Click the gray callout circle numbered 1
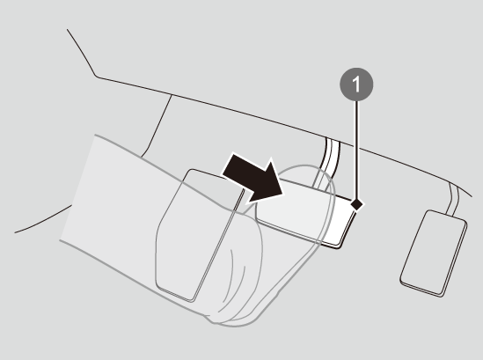tap(356, 84)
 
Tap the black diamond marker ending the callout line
tap(357, 204)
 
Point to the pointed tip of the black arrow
tap(282, 195)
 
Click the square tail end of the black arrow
tap(229, 165)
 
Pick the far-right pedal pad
tap(434, 253)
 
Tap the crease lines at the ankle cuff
tap(234, 277)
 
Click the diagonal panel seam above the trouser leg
tap(157, 127)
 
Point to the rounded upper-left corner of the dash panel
tap(96, 76)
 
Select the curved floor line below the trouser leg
tap(43, 220)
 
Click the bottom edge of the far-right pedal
tap(421, 287)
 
